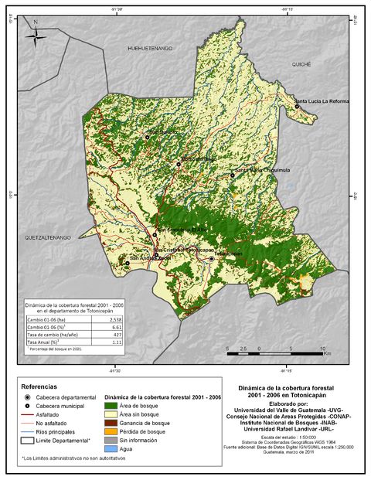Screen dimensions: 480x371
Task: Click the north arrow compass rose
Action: pyautogui.click(x=36, y=35)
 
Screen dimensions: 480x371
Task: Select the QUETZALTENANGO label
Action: pyautogui.click(x=48, y=237)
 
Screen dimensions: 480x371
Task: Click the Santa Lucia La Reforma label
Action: pyautogui.click(x=322, y=101)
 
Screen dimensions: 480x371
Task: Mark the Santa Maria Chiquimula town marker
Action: pyautogui.click(x=232, y=175)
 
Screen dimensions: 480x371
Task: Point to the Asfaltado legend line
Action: pyautogui.click(x=29, y=415)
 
